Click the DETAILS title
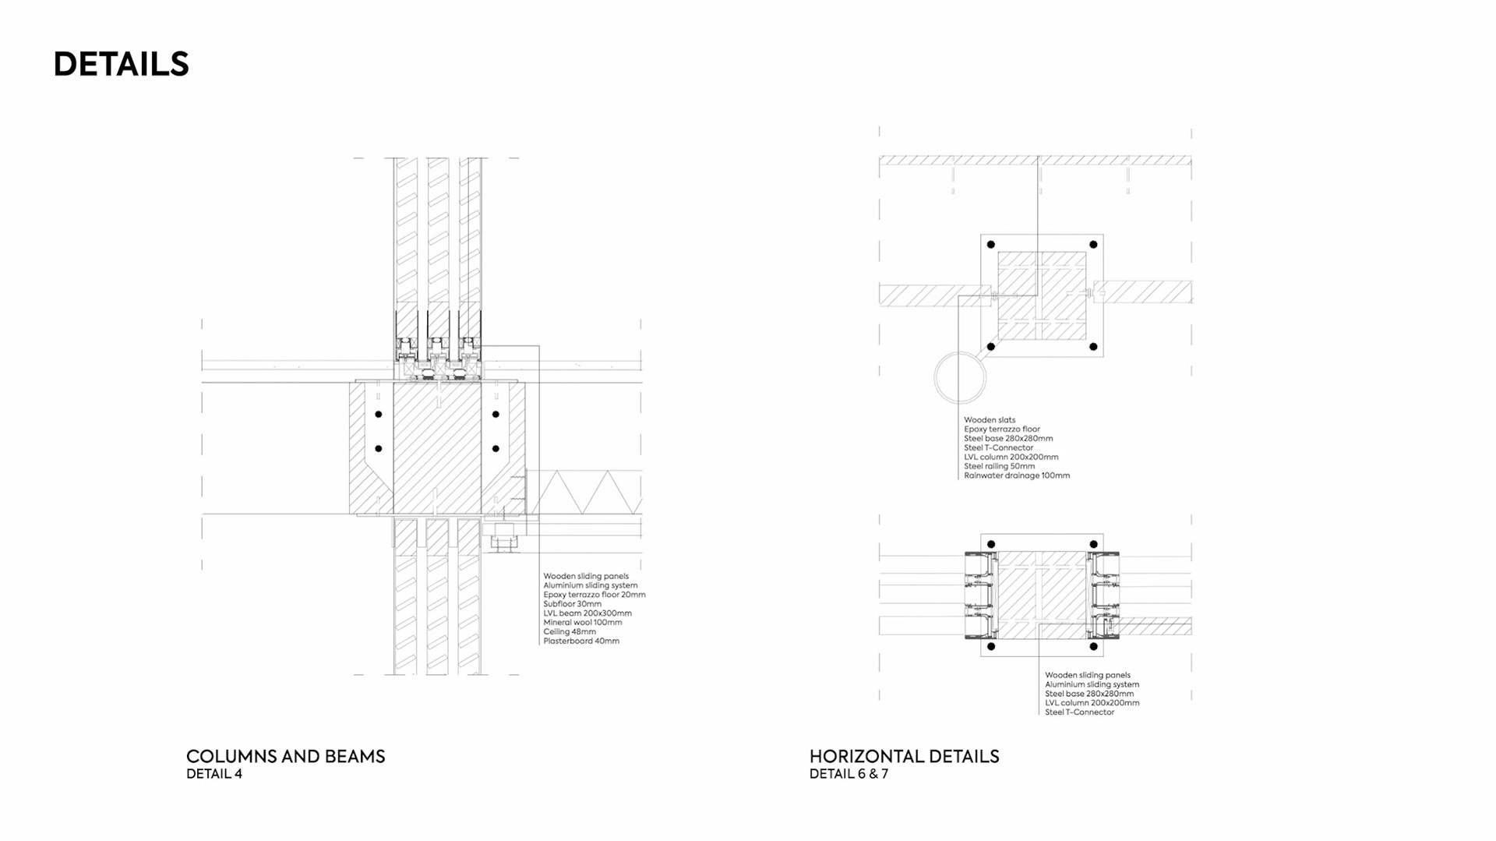(x=121, y=64)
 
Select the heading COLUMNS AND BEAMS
(x=285, y=756)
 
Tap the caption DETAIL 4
(x=214, y=774)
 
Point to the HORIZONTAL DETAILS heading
(x=904, y=756)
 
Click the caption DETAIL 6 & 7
(x=849, y=774)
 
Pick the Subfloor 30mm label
(x=573, y=604)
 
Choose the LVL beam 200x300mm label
(x=587, y=613)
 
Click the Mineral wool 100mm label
(x=583, y=623)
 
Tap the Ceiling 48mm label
(x=570, y=632)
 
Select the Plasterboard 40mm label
(x=581, y=641)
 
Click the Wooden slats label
(x=990, y=420)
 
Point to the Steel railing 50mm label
(x=1000, y=466)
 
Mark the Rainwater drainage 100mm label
(x=1017, y=475)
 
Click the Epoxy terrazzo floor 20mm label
(x=595, y=595)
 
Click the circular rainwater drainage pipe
(x=960, y=378)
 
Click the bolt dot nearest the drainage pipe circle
(x=991, y=347)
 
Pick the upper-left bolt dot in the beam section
(x=379, y=414)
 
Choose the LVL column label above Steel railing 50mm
(x=1011, y=457)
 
